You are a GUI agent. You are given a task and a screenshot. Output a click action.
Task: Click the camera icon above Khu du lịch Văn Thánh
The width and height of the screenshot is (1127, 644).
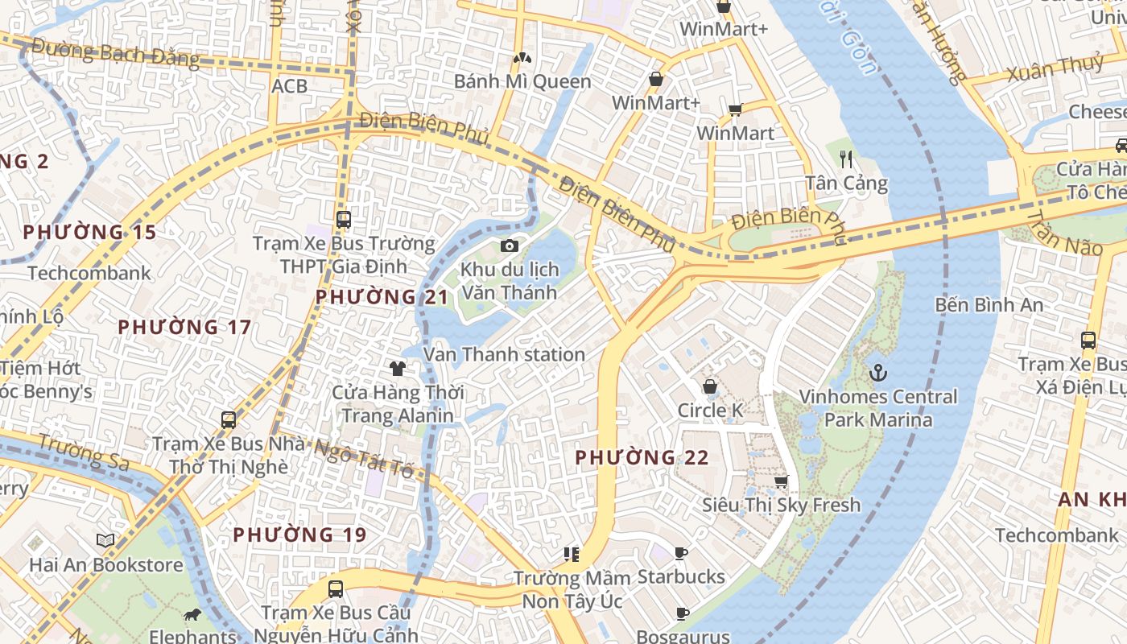coord(509,246)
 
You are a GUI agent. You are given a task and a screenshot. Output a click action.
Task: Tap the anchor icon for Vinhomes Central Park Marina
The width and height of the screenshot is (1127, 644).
coord(878,373)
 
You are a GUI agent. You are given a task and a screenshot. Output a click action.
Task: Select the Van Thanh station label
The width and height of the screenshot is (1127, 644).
coord(504,354)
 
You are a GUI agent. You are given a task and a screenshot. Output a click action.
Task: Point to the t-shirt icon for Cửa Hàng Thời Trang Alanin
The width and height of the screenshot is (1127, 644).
coord(397,369)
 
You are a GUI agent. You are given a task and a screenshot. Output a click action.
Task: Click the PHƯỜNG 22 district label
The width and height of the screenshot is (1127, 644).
coord(642,458)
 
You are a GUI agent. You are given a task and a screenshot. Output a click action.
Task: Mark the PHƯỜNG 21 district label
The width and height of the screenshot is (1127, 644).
coord(382,297)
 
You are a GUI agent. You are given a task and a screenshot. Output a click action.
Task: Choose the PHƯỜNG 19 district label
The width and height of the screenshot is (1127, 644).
coord(299,535)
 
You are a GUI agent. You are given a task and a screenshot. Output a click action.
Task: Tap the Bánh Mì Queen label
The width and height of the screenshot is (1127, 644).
coord(522,81)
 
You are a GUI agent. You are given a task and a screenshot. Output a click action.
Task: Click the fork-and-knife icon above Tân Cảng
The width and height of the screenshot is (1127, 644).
coord(846,159)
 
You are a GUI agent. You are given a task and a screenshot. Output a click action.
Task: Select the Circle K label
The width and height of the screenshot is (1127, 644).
coord(710,411)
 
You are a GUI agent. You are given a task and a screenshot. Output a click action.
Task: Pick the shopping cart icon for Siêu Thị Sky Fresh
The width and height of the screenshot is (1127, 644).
coord(780,482)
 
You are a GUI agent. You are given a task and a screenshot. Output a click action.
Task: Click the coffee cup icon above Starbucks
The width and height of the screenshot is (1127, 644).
coord(681,553)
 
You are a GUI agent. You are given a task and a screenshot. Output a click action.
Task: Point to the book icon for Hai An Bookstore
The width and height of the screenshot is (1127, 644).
coord(105,540)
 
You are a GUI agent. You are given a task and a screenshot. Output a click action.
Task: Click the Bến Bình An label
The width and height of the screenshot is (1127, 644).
coord(989,305)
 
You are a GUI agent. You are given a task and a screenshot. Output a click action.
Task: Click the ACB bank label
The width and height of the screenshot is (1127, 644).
coord(289,85)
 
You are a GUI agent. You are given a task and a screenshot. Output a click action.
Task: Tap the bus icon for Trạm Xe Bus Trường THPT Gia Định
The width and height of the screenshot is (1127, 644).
coord(344,219)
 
